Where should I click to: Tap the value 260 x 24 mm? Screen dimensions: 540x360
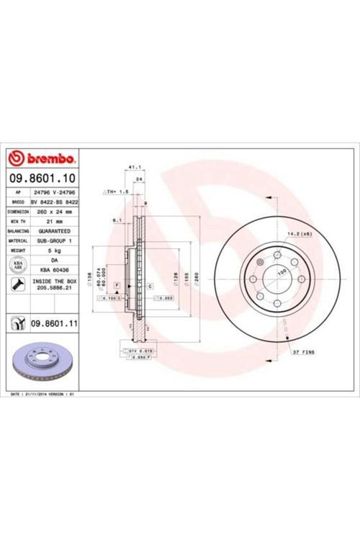tap(53, 212)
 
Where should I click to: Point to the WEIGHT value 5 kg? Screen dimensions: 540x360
tap(53, 250)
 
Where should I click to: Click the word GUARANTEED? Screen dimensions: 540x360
tap(53, 231)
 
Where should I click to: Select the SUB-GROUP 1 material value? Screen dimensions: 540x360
tap(53, 240)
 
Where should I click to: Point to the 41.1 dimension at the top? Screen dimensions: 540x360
tap(133, 168)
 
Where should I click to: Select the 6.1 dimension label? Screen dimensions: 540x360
tap(117, 220)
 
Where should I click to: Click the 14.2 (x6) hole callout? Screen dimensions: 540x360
tap(300, 235)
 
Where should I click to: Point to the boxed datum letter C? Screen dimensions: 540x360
tap(151, 287)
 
